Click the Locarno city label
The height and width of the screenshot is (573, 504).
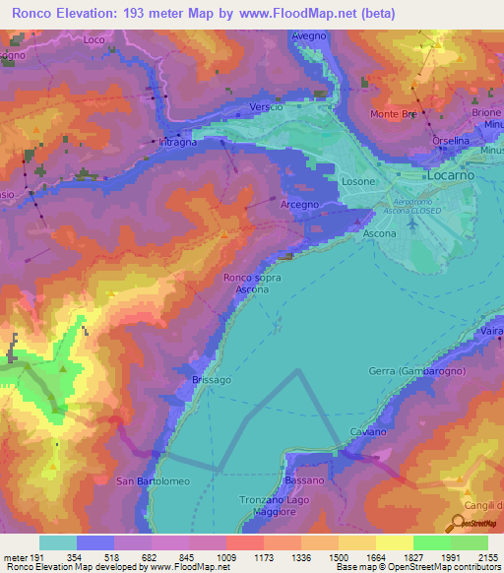point(451,174)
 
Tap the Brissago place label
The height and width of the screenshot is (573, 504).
point(207,379)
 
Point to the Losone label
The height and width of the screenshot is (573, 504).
point(357,182)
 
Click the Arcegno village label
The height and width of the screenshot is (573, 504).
point(300,204)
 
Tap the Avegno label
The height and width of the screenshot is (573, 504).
point(308,35)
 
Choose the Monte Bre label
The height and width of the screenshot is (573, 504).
point(392,114)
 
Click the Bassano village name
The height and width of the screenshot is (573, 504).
point(304,480)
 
